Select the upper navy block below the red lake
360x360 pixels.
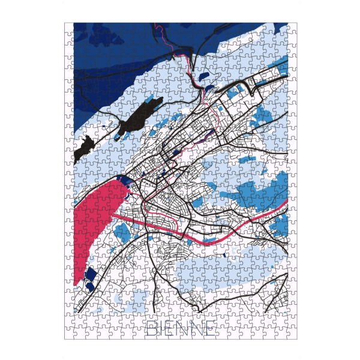tap(91, 275)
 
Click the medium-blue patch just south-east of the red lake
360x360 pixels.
tap(122, 231)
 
